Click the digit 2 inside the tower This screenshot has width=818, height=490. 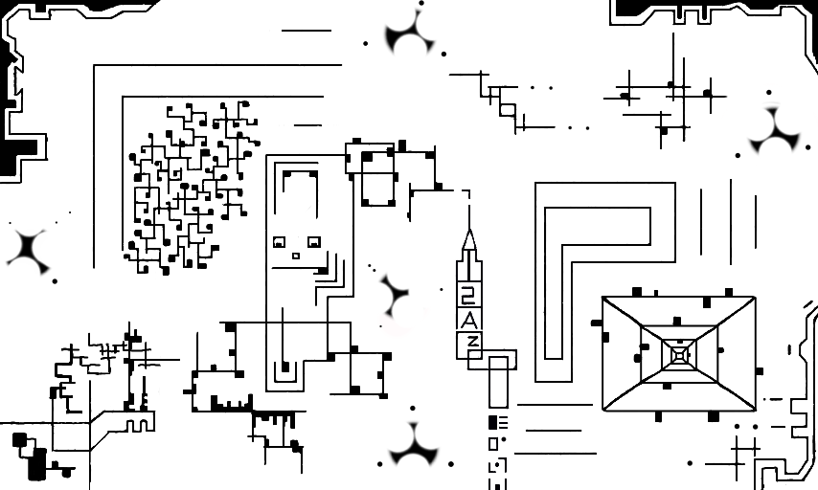click(x=468, y=296)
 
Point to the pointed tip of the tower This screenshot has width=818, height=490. click(x=468, y=231)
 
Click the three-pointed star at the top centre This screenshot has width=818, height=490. click(x=411, y=36)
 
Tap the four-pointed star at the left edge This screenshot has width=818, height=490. click(x=27, y=250)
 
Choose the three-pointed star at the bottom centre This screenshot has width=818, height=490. click(x=414, y=447)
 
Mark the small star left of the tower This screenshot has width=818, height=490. click(x=394, y=294)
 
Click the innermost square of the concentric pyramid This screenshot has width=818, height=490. click(x=679, y=356)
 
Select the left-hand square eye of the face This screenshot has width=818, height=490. click(x=280, y=243)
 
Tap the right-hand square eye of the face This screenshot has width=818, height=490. click(x=313, y=243)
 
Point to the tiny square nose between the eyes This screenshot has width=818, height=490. click(x=296, y=256)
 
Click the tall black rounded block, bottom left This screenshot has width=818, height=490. click(x=37, y=464)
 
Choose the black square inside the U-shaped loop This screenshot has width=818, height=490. click(x=284, y=367)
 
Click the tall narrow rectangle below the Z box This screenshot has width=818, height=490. click(x=499, y=382)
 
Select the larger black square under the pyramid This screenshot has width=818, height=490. click(x=713, y=416)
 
